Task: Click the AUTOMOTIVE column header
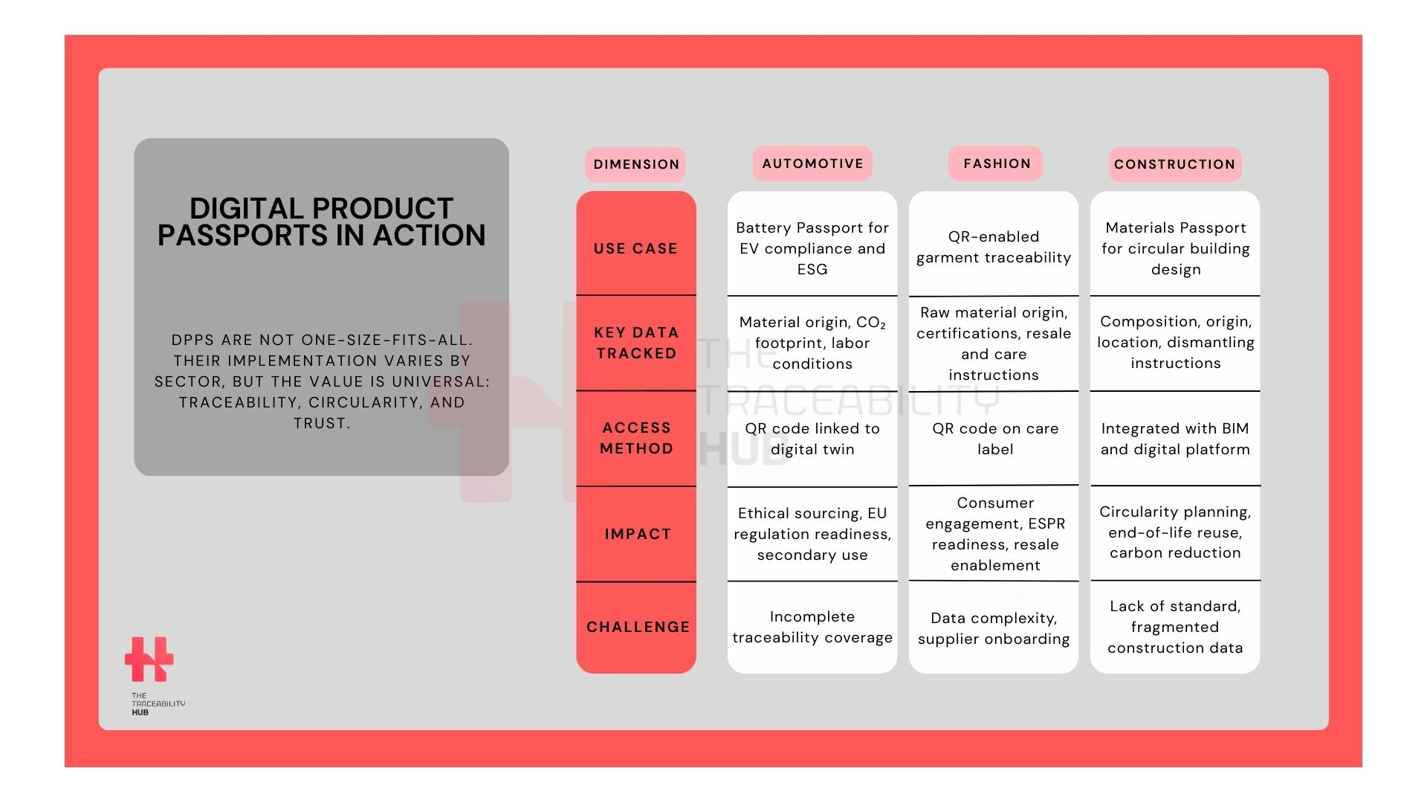point(812,164)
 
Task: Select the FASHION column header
point(996,164)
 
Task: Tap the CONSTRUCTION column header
point(1174,164)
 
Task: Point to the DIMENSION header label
point(635,164)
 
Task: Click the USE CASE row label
point(635,248)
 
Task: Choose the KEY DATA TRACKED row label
point(636,343)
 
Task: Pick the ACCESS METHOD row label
point(636,438)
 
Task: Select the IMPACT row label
point(638,534)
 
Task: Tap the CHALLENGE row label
point(638,627)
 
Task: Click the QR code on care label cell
point(995,439)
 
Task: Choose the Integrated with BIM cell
point(1175,439)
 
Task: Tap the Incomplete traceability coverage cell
point(812,627)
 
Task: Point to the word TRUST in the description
point(321,423)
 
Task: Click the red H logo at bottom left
point(149,659)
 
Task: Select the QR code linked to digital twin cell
point(812,439)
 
